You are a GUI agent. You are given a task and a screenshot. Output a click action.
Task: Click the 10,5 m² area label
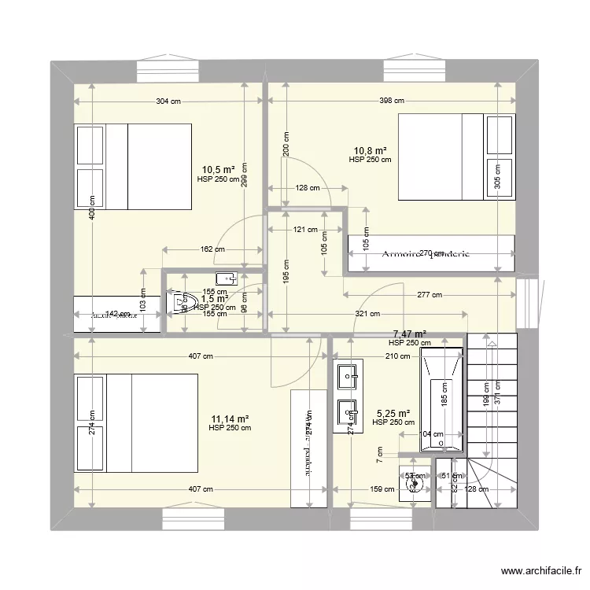(219, 169)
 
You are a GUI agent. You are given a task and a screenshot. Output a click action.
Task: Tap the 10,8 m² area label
(370, 150)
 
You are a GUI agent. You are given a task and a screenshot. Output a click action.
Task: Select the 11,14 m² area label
(230, 419)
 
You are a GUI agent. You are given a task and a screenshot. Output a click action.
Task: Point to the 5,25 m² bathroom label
(393, 414)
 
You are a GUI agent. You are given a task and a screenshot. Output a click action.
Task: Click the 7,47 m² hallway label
(409, 334)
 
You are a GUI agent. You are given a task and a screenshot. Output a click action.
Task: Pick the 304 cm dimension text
(169, 101)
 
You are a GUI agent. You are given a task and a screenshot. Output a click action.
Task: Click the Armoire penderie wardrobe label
(425, 254)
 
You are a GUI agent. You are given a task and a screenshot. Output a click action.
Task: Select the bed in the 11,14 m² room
(135, 423)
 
